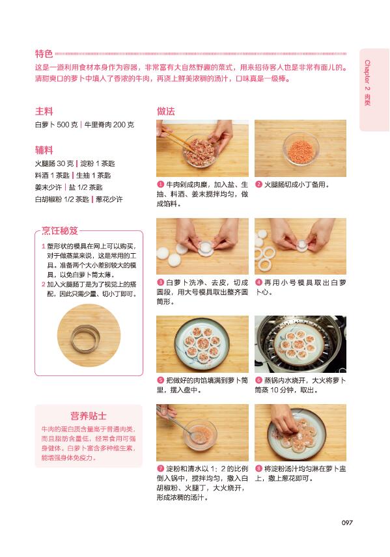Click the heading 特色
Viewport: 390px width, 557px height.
tap(44, 53)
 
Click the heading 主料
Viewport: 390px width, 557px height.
tap(44, 111)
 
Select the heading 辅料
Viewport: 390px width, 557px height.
tap(44, 150)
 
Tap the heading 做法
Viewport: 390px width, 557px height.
tap(165, 111)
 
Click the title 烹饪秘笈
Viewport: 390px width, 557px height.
tap(60, 231)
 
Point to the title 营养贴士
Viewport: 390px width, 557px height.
tap(89, 416)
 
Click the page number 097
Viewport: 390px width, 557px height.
tap(347, 523)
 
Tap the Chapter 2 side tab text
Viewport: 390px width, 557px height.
tap(367, 83)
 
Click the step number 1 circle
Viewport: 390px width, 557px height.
tap(160, 184)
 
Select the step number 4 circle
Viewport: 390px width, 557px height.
tap(258, 282)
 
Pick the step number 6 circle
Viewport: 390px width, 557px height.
tap(258, 380)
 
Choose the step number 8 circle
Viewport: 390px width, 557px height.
tap(258, 469)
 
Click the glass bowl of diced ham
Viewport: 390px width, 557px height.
tap(301, 148)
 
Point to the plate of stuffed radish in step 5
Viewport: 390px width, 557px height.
tap(202, 344)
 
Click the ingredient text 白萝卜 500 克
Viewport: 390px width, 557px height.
tap(56, 125)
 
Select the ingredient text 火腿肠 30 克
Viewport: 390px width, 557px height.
tap(55, 163)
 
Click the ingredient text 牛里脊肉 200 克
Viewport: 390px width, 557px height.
tap(109, 125)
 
